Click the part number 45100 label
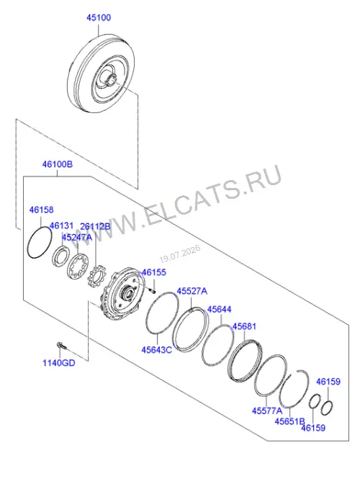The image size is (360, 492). coord(99,17)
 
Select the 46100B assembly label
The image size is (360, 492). coord(58,164)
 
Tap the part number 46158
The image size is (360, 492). coord(41,210)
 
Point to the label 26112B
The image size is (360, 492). coord(95,226)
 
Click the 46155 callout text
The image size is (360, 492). coord(154,272)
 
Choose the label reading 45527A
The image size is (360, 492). coord(192,291)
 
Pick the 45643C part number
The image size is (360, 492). coord(157,349)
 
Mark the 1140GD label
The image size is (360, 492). coord(59,363)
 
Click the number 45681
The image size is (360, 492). coord(244,326)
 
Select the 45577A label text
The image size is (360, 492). coord(267,411)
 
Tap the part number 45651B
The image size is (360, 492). coord(289,421)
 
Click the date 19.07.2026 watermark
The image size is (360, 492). coord(180,254)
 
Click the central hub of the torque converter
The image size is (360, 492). coord(111,79)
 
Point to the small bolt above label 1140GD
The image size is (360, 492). coord(62,346)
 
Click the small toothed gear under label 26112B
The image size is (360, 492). coord(97,277)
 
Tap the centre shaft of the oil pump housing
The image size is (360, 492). coord(127,295)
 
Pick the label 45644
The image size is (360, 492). coord(220,309)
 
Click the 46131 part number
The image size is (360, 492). coord(62,225)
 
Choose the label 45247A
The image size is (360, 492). coord(77,237)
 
